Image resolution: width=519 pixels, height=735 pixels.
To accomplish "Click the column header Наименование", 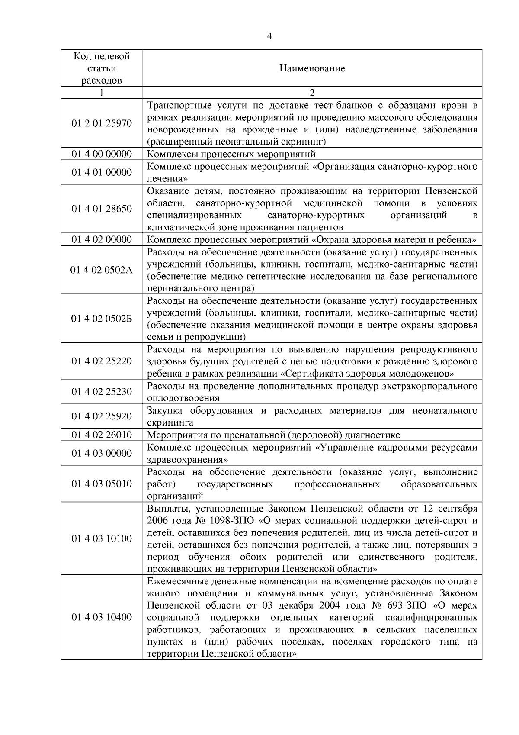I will click(x=312, y=68).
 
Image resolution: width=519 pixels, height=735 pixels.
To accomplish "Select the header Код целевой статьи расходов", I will click(x=102, y=68).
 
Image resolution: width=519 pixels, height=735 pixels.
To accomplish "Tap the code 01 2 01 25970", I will click(x=102, y=123).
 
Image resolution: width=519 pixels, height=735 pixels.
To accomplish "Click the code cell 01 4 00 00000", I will click(x=102, y=154).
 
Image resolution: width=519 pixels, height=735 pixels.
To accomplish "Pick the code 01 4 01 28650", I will click(x=102, y=209).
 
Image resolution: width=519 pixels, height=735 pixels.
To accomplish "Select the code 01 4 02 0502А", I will click(x=102, y=270).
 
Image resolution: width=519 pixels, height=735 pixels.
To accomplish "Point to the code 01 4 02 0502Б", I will click(x=102, y=319).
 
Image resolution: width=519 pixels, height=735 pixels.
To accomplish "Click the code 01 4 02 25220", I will click(x=102, y=361).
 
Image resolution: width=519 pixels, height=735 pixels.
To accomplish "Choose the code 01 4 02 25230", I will click(x=102, y=392).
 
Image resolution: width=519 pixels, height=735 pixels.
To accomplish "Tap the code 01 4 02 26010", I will click(x=102, y=435).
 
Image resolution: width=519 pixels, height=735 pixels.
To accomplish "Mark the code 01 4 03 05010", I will click(x=102, y=484).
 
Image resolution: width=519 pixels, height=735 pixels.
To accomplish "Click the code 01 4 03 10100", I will click(x=102, y=539).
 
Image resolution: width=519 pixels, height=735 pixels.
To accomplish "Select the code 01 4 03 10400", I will click(x=102, y=618).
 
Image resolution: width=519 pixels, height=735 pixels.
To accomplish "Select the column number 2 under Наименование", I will click(x=312, y=93).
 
